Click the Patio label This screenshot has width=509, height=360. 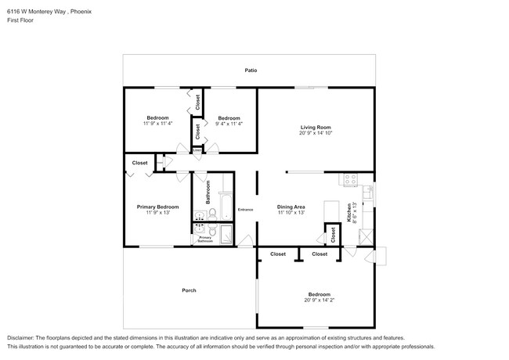(251, 70)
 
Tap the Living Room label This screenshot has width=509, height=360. (316, 127)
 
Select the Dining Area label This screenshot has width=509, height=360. (290, 207)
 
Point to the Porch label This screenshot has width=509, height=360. (189, 290)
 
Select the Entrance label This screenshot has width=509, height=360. (246, 210)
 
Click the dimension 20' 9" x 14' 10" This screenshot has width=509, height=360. (316, 134)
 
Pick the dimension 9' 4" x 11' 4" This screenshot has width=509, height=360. (229, 124)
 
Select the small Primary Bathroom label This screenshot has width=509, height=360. (205, 239)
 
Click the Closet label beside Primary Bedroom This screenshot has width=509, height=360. (139, 163)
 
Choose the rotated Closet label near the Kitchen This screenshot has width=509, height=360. (333, 235)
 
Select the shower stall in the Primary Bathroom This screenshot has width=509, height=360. (226, 234)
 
